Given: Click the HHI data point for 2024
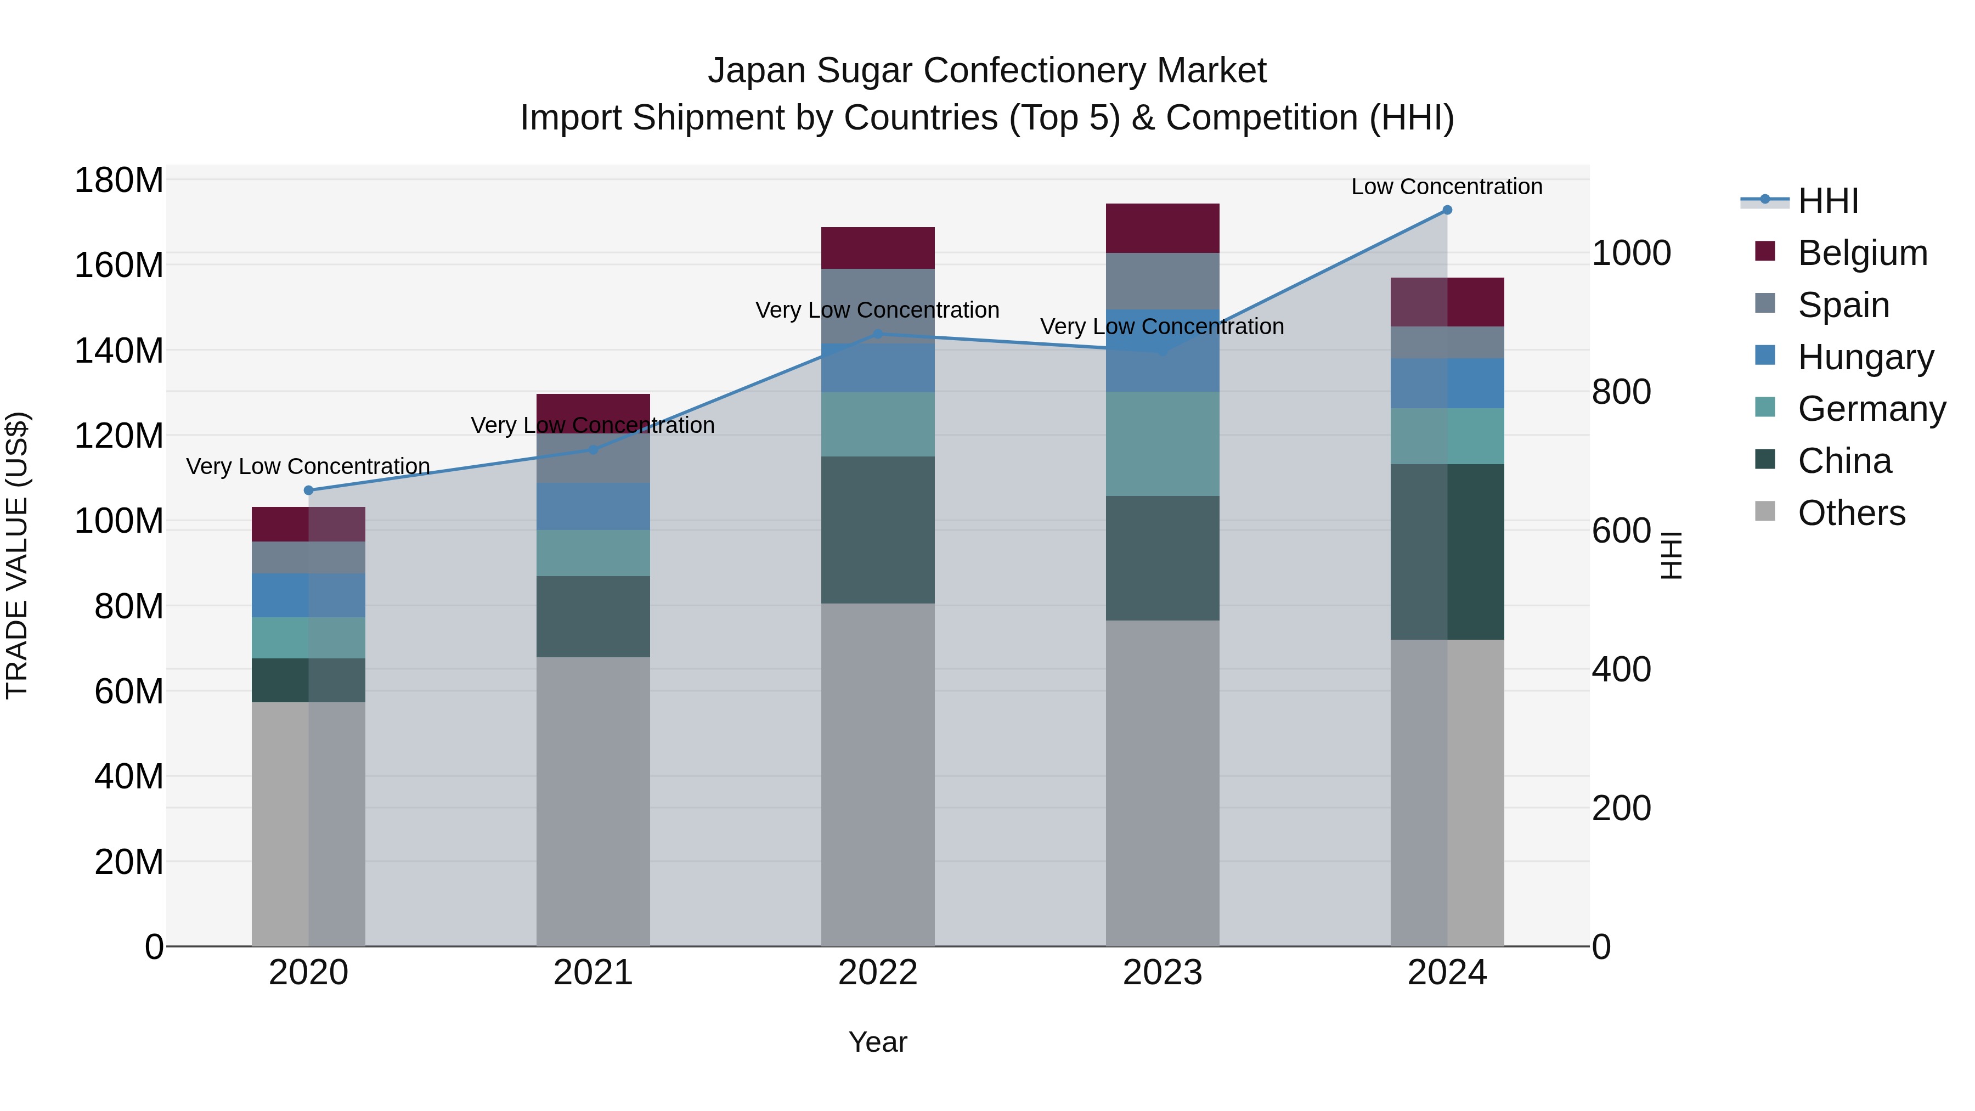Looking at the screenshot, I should click(x=1447, y=210).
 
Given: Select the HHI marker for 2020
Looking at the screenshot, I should click(x=308, y=490).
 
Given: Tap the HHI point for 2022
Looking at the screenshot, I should click(x=878, y=334).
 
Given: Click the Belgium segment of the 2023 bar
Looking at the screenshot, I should click(x=1163, y=228).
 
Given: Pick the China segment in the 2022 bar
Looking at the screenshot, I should click(x=878, y=530).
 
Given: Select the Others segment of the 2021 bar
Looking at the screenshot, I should click(x=592, y=801).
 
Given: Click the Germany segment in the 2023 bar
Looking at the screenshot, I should click(x=1163, y=444).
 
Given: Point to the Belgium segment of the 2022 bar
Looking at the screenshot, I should click(x=878, y=247).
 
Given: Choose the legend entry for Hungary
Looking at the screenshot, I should click(x=1865, y=357).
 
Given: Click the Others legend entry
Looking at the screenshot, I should click(x=1851, y=513).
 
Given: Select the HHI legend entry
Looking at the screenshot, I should click(x=1828, y=201).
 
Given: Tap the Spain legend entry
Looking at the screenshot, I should click(x=1843, y=305).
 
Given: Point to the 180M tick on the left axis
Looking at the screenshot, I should click(x=119, y=181).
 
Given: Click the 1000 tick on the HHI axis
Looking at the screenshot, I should click(x=1632, y=253).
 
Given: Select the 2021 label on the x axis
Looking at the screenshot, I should click(x=592, y=973).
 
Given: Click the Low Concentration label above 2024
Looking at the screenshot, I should click(x=1446, y=187).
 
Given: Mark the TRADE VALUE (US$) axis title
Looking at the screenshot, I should click(x=17, y=555).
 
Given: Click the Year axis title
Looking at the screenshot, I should click(x=877, y=1042).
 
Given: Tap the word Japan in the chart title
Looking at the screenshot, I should click(x=756, y=71).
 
